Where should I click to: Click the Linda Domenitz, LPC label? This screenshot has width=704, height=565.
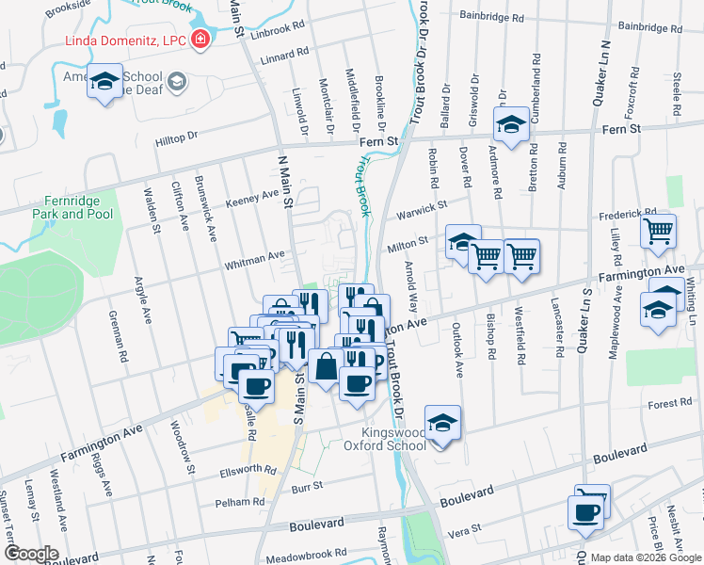pos(123,40)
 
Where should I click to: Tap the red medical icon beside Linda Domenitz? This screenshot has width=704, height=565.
pos(200,40)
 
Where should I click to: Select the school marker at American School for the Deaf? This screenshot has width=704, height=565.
pos(105,82)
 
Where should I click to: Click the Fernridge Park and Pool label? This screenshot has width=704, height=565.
pos(78,207)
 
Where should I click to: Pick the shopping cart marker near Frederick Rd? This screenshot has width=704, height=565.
pos(659,231)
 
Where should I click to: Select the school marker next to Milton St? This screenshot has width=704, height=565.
pos(462,243)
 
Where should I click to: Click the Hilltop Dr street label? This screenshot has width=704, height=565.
pos(176,137)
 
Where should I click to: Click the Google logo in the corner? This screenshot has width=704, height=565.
pos(30,554)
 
